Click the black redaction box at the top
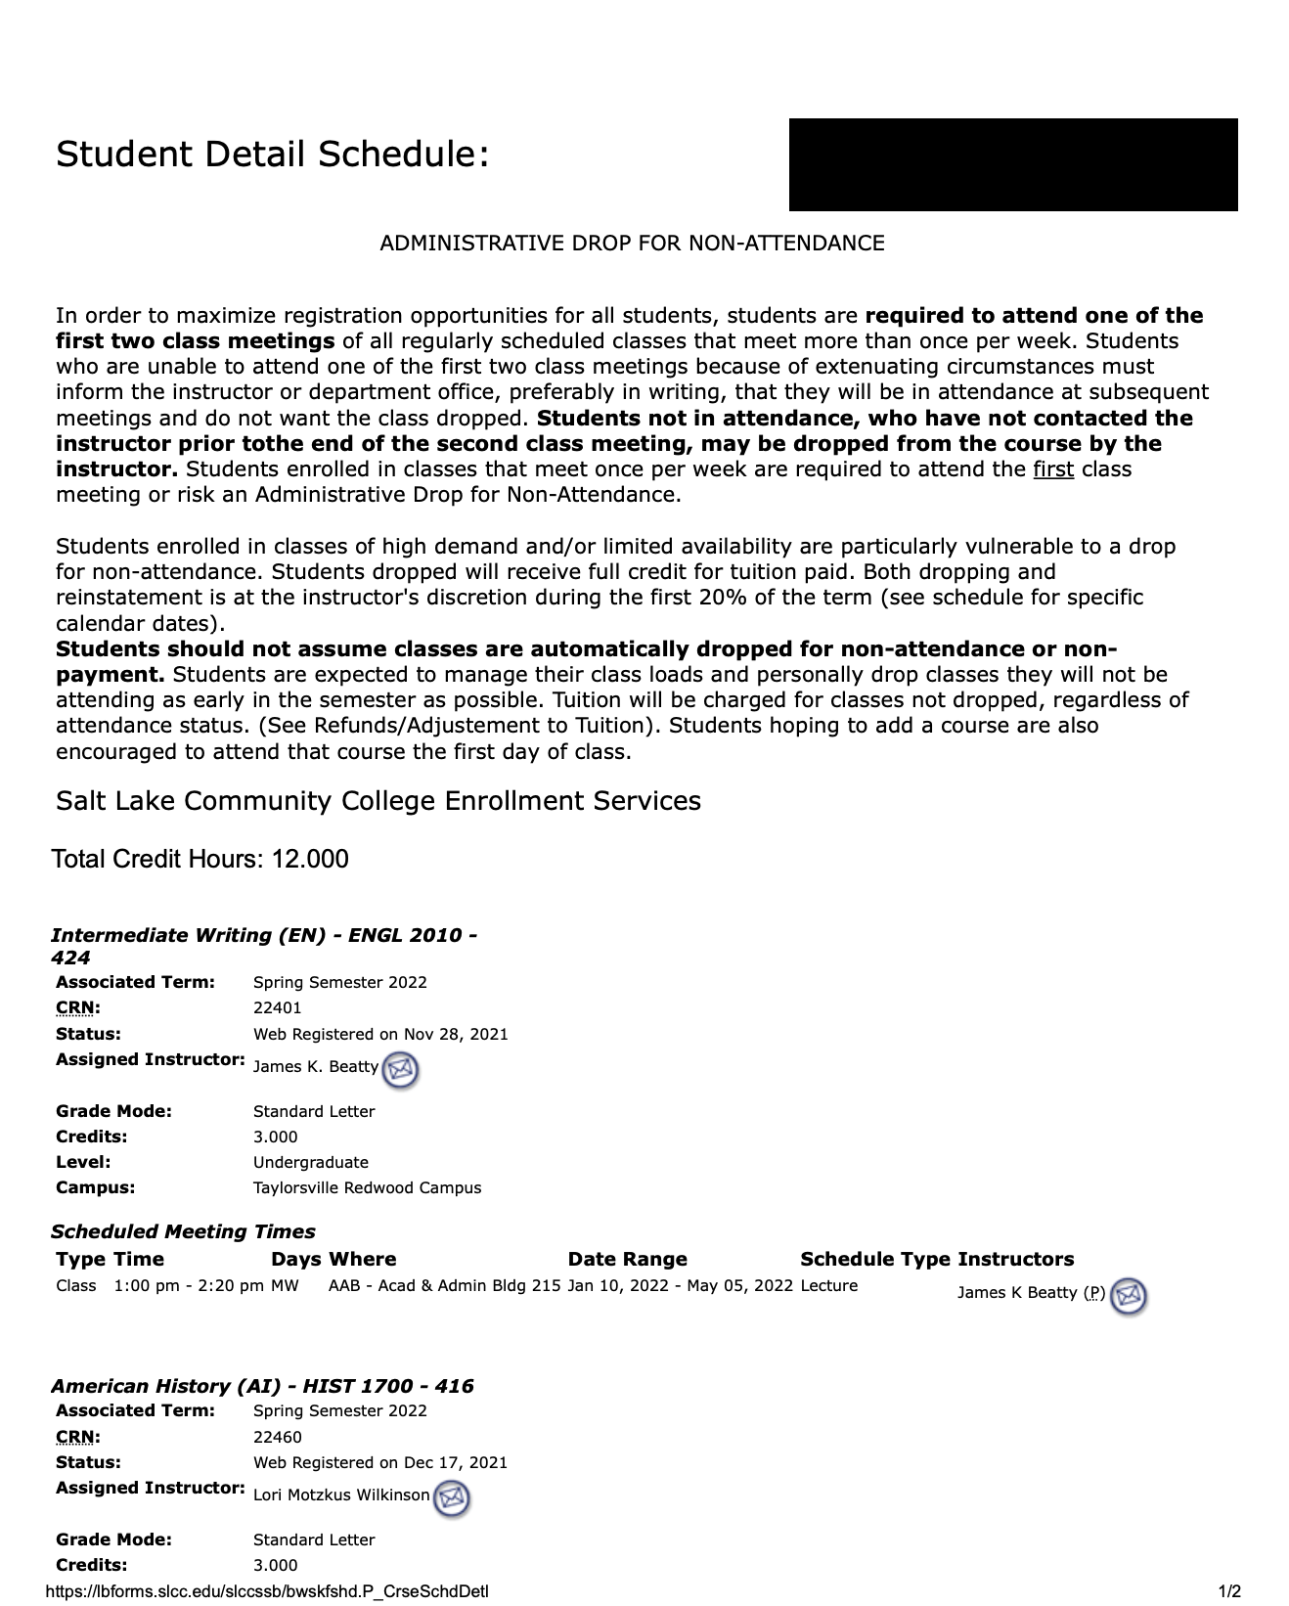1012,164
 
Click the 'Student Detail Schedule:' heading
272,155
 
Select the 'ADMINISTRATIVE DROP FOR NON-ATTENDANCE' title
632,243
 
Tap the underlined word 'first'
1052,469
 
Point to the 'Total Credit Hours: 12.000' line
200,859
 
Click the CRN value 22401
277,1007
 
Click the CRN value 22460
277,1437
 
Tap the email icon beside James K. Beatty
400,1069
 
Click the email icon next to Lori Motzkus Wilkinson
451,1497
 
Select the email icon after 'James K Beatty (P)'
1129,1295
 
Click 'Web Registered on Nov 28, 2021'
380,1034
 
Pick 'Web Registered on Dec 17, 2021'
380,1462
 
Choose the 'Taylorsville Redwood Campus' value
367,1187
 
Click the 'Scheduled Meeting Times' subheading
183,1231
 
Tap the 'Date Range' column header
627,1259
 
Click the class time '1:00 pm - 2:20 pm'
189,1285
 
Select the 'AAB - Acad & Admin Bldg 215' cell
444,1285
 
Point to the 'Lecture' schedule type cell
828,1285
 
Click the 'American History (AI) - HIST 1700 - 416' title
262,1386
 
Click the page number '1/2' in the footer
1229,1591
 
